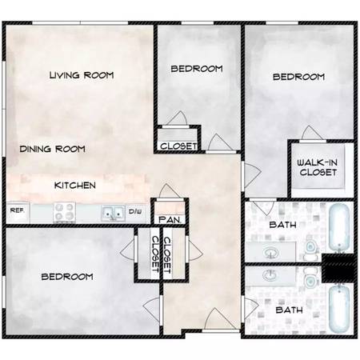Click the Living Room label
pyautogui.click(x=82, y=75)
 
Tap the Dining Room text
pyautogui.click(x=53, y=149)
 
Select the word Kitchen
pyautogui.click(x=75, y=186)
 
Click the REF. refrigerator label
pyautogui.click(x=17, y=210)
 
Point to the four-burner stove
pyautogui.click(x=64, y=212)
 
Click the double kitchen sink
pyautogui.click(x=113, y=214)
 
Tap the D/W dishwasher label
pyautogui.click(x=135, y=212)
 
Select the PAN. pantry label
pyautogui.click(x=170, y=220)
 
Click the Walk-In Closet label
pyautogui.click(x=318, y=167)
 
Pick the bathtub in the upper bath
pyautogui.click(x=339, y=227)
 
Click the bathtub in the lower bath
pyautogui.click(x=339, y=308)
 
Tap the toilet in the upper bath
pyautogui.click(x=310, y=250)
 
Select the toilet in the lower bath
pyautogui.click(x=310, y=278)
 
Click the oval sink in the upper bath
pyautogui.click(x=270, y=252)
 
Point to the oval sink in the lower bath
pyautogui.click(x=270, y=275)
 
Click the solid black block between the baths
pyautogui.click(x=338, y=268)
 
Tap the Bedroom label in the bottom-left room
pyautogui.click(x=67, y=277)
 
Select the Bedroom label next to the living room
pyautogui.click(x=197, y=69)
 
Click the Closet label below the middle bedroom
pyautogui.click(x=178, y=146)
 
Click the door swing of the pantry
pyautogui.click(x=166, y=191)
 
